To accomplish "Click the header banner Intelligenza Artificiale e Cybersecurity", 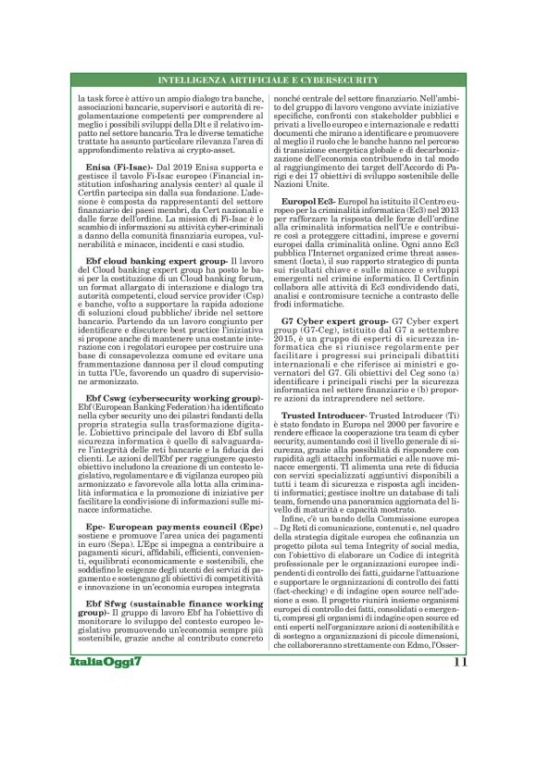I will pos(268,81).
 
